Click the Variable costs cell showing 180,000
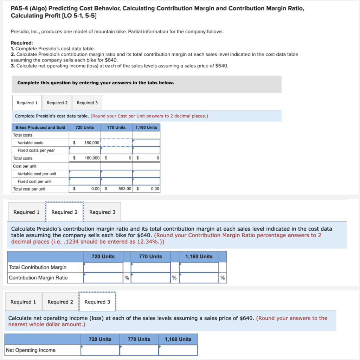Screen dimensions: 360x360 85,143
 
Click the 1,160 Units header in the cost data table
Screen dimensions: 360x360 146,127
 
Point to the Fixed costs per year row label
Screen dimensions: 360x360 36,150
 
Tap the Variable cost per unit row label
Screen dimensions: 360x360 37,174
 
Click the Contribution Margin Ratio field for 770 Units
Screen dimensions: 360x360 150,278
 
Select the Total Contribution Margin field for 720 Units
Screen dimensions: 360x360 103,267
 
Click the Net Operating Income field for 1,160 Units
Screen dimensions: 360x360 178,350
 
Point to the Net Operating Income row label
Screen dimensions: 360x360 31,350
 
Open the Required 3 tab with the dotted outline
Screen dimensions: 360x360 97,302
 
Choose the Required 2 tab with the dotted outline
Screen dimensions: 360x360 64,212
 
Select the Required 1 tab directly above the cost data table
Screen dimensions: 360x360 27,103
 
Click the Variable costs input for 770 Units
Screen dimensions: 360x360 116,143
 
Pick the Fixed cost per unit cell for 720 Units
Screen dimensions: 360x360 85,181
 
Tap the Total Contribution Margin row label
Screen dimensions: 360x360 38,267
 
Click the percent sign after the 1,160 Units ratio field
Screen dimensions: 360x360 223,278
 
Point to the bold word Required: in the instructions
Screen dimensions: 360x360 22,43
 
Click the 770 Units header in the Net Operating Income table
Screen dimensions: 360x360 139,339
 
